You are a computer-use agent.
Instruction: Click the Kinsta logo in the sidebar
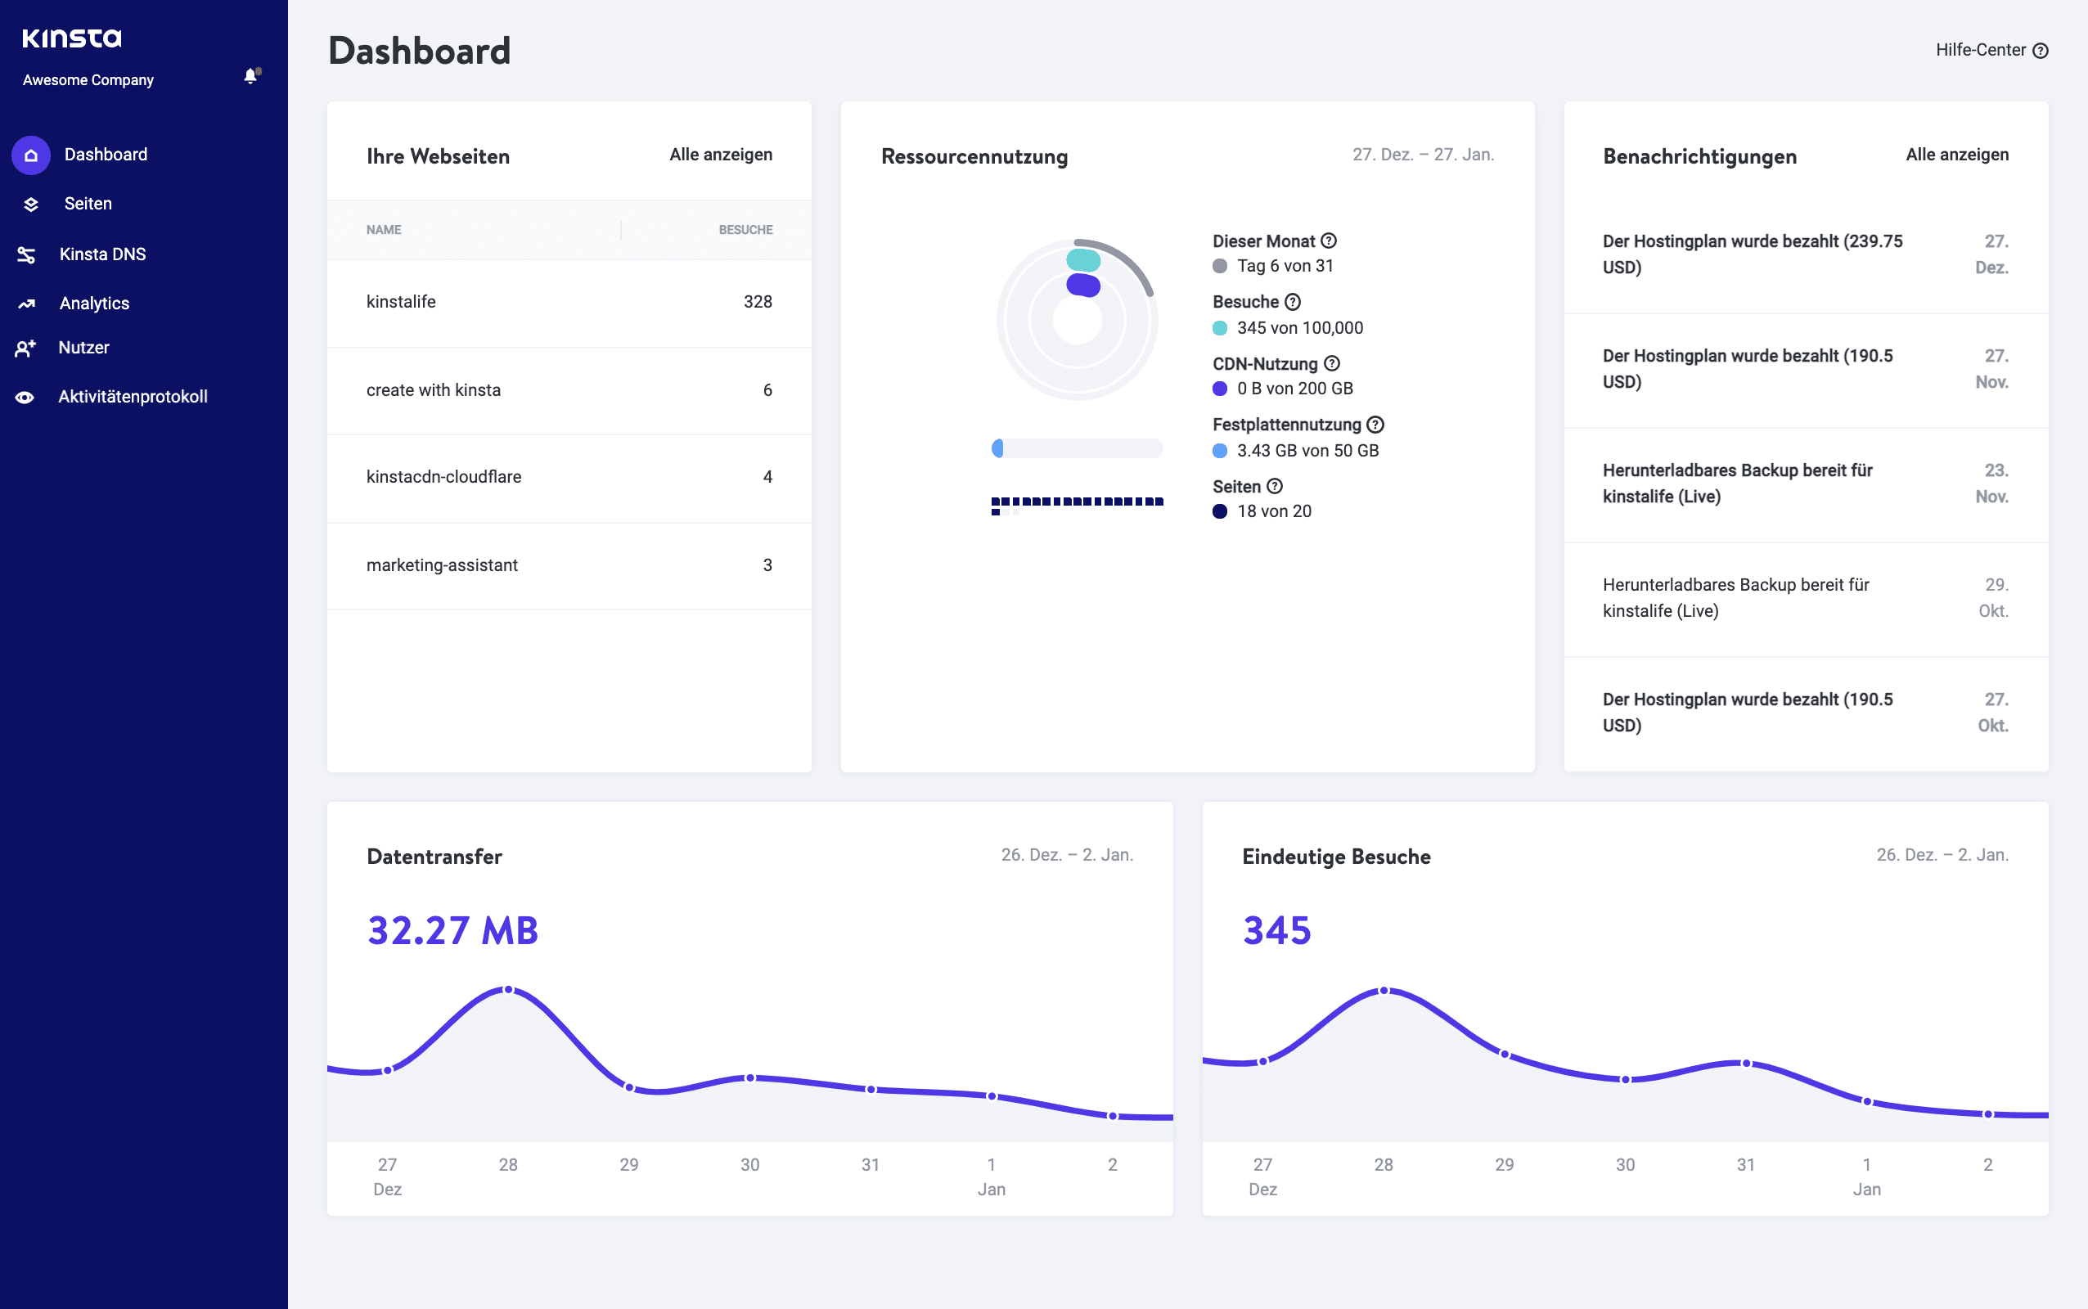pyautogui.click(x=72, y=38)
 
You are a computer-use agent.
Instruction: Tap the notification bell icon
pyautogui.click(x=251, y=76)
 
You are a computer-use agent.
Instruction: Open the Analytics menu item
pyautogui.click(x=93, y=303)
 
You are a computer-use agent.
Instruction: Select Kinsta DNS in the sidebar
pyautogui.click(x=102, y=254)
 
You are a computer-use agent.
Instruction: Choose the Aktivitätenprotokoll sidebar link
pyautogui.click(x=133, y=397)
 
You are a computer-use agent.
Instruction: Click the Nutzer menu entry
pyautogui.click(x=83, y=347)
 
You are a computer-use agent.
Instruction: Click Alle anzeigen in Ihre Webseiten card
pyautogui.click(x=720, y=154)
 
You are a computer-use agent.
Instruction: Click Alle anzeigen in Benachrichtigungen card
pyautogui.click(x=1956, y=154)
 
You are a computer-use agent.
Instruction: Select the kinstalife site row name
pyautogui.click(x=401, y=301)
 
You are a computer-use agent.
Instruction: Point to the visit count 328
pyautogui.click(x=758, y=301)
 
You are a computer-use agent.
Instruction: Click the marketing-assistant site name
pyautogui.click(x=442, y=565)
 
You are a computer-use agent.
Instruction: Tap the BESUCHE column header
pyautogui.click(x=745, y=229)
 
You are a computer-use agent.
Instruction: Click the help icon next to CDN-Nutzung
pyautogui.click(x=1332, y=363)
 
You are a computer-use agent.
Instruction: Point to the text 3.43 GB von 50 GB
pyautogui.click(x=1307, y=450)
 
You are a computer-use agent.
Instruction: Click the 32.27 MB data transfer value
pyautogui.click(x=452, y=931)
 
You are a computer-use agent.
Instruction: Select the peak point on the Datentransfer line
pyautogui.click(x=508, y=990)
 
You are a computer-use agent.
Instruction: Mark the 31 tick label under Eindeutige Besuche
pyautogui.click(x=1745, y=1164)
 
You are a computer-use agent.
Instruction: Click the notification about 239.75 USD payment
pyautogui.click(x=1752, y=254)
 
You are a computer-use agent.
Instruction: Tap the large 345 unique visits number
pyautogui.click(x=1277, y=931)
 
